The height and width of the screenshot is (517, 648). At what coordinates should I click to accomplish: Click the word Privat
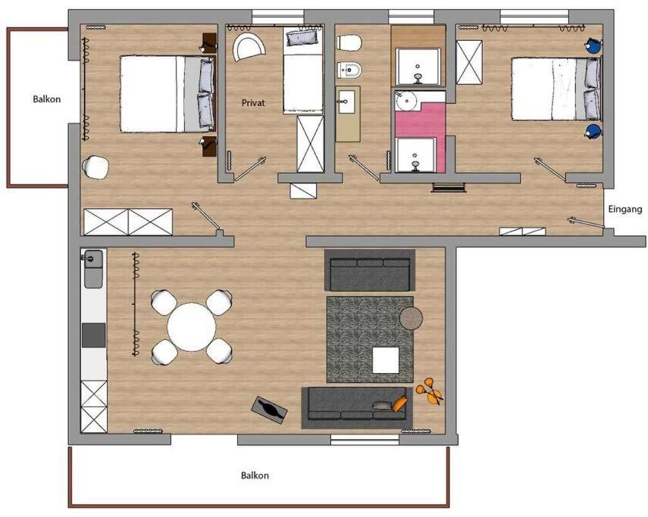pyautogui.click(x=253, y=103)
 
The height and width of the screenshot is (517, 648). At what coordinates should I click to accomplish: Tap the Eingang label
pyautogui.click(x=625, y=210)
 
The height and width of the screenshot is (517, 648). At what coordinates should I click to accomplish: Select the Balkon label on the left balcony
pyautogui.click(x=47, y=99)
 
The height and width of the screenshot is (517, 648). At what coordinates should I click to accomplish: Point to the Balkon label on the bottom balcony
pyautogui.click(x=255, y=475)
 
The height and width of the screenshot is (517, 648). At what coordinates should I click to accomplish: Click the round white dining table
pyautogui.click(x=192, y=327)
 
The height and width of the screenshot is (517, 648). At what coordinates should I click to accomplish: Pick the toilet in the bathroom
pyautogui.click(x=349, y=42)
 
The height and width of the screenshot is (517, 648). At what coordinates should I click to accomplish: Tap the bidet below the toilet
pyautogui.click(x=349, y=70)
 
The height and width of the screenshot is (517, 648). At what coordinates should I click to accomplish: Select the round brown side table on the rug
pyautogui.click(x=411, y=318)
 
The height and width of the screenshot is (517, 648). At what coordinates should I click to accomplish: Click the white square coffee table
pyautogui.click(x=386, y=360)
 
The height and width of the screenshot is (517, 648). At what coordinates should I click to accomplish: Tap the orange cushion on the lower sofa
pyautogui.click(x=399, y=403)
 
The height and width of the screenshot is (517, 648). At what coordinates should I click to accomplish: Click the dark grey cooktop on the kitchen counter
pyautogui.click(x=94, y=335)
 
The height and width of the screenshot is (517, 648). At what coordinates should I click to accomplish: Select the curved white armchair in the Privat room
pyautogui.click(x=249, y=48)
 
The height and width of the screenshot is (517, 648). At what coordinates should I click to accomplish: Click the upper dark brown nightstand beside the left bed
pyautogui.click(x=209, y=43)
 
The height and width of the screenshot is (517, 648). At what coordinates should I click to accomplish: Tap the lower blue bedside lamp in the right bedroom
pyautogui.click(x=593, y=131)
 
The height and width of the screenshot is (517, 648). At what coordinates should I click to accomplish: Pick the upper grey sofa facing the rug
pyautogui.click(x=370, y=271)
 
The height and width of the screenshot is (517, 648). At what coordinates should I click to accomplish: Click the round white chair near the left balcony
pyautogui.click(x=95, y=167)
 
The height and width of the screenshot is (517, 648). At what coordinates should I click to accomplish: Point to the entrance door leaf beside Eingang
pyautogui.click(x=586, y=222)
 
